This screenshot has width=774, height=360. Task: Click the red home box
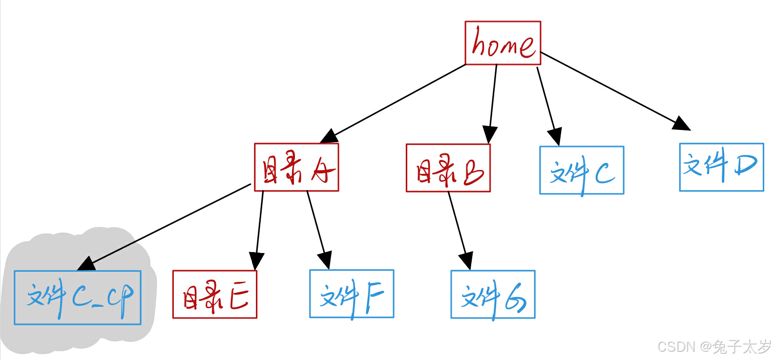click(x=502, y=43)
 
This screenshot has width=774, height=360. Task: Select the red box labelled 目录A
click(x=296, y=167)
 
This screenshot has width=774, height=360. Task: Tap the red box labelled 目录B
click(x=448, y=168)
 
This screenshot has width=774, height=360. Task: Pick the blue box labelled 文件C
click(x=582, y=170)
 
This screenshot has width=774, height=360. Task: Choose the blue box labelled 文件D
click(x=721, y=167)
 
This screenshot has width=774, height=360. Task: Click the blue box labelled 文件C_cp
click(x=78, y=297)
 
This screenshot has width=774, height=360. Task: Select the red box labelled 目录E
click(x=214, y=294)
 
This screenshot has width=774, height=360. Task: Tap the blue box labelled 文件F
click(x=352, y=294)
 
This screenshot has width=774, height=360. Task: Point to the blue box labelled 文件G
click(x=493, y=295)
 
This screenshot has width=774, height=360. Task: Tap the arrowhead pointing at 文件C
click(x=555, y=136)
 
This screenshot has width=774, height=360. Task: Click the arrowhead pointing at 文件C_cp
click(x=87, y=264)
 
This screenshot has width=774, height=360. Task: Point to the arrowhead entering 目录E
click(x=256, y=260)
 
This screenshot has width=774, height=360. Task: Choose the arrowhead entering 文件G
click(x=466, y=261)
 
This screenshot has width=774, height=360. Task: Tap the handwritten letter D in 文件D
click(x=745, y=166)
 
